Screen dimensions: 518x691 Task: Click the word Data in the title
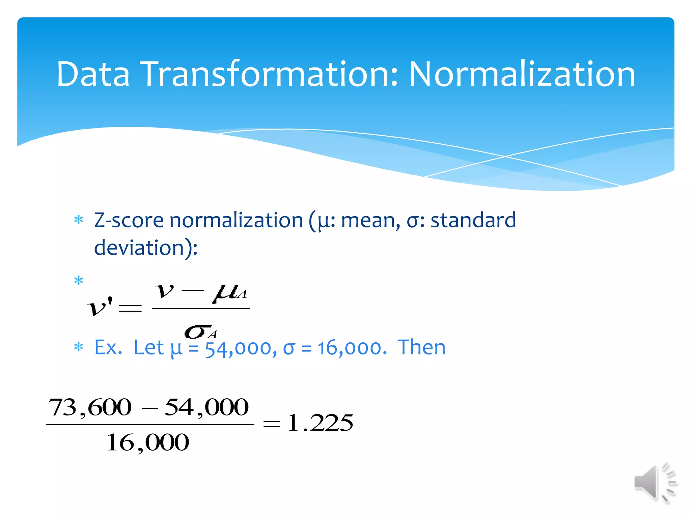(x=93, y=74)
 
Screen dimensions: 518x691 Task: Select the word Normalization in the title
(x=522, y=74)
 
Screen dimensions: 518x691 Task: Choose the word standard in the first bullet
(x=473, y=221)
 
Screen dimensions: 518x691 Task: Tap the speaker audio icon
(x=655, y=483)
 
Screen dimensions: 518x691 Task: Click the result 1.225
(x=320, y=423)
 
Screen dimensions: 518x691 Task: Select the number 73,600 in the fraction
(x=90, y=407)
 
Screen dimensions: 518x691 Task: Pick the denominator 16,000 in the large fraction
(x=148, y=443)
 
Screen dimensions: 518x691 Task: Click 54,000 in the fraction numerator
(x=206, y=407)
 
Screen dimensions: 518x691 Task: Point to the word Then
(x=422, y=348)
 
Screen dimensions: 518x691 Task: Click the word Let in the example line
(x=148, y=348)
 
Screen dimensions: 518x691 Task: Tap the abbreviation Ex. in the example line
(x=108, y=348)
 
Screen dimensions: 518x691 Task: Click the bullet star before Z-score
(x=79, y=220)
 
